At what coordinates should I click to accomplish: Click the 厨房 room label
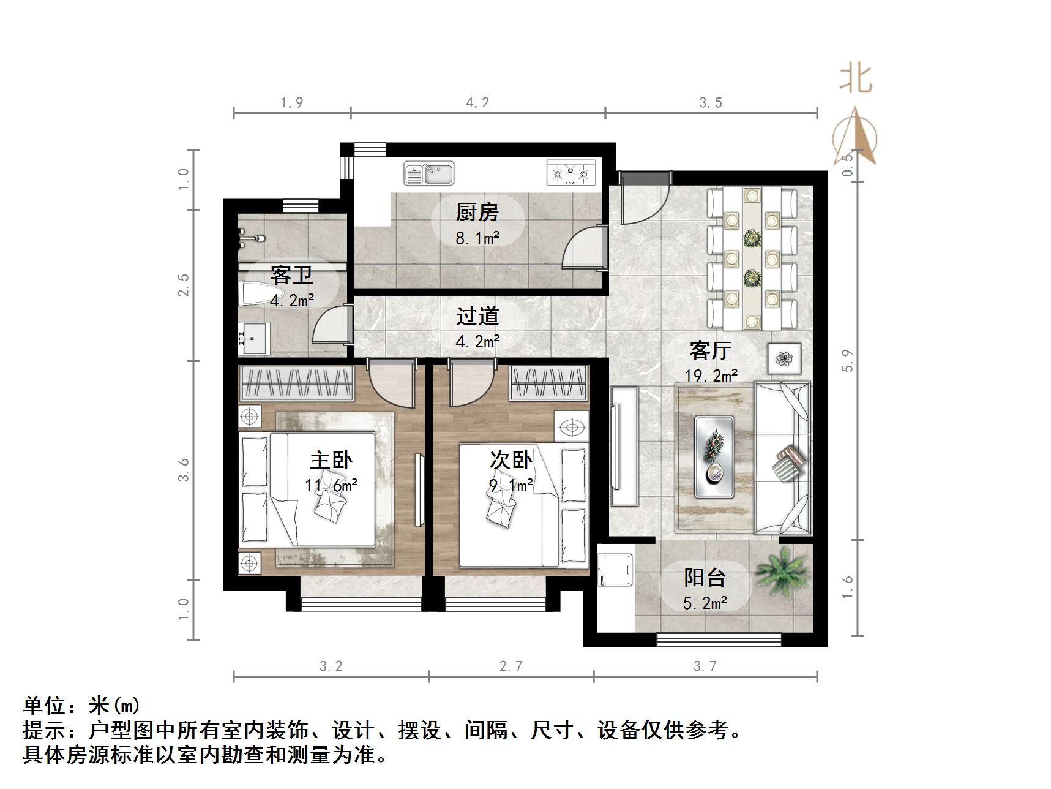[x=477, y=213]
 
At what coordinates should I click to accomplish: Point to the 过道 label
[x=477, y=317]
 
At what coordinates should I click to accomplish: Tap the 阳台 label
[x=705, y=578]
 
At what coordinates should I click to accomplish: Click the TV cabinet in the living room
[x=624, y=446]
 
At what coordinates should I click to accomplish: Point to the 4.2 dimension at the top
[x=477, y=103]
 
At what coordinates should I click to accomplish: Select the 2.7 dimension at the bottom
[x=511, y=666]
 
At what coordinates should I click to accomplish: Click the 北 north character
[x=856, y=79]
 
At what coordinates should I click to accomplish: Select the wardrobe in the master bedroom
[x=296, y=383]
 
